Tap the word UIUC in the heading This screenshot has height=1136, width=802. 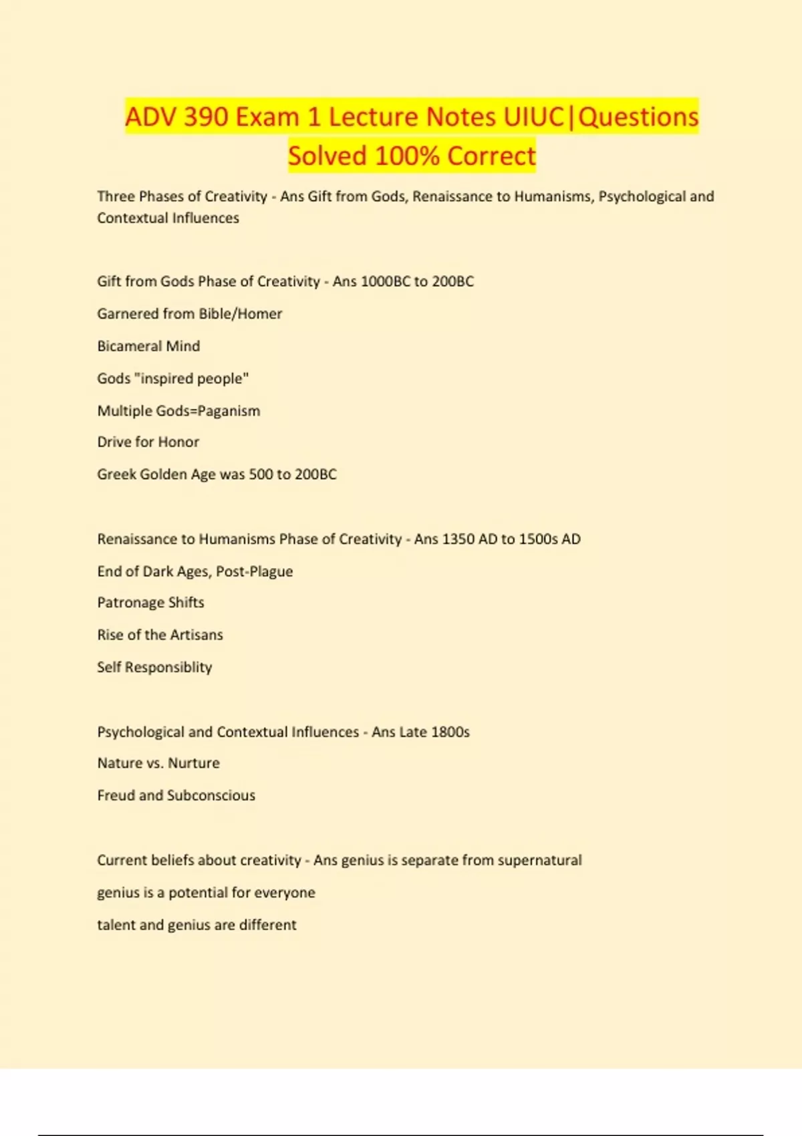click(533, 117)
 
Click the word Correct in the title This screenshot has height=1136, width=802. click(491, 156)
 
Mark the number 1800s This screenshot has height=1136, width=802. click(450, 732)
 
